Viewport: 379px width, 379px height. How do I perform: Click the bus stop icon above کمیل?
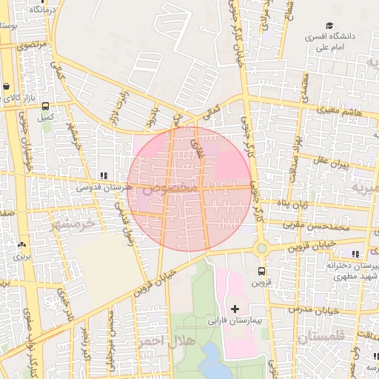coord(46,106)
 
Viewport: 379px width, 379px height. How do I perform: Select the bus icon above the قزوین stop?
coord(261,271)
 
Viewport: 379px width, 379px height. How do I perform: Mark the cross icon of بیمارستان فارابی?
coord(235,308)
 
